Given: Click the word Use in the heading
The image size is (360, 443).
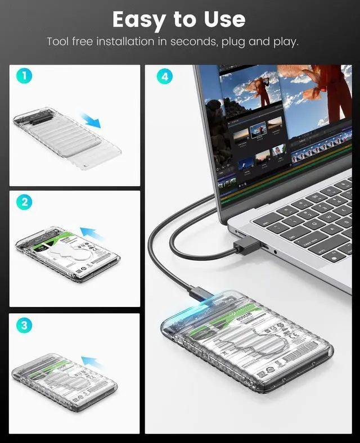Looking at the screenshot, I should pos(224,20).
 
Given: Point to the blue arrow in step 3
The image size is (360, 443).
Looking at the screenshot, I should pos(93,360).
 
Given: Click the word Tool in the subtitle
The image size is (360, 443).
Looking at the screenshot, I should pos(58,42).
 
